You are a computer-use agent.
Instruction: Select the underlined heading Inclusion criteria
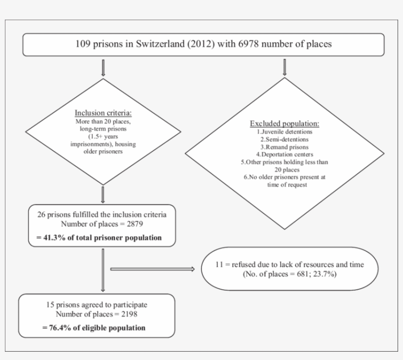pos(103,112)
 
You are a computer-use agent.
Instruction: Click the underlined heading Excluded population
pos(284,123)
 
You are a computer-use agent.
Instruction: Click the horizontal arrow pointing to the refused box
pos(152,269)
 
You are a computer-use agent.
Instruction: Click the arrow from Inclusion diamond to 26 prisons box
pos(103,194)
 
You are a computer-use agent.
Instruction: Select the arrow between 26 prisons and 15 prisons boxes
pos(103,270)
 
